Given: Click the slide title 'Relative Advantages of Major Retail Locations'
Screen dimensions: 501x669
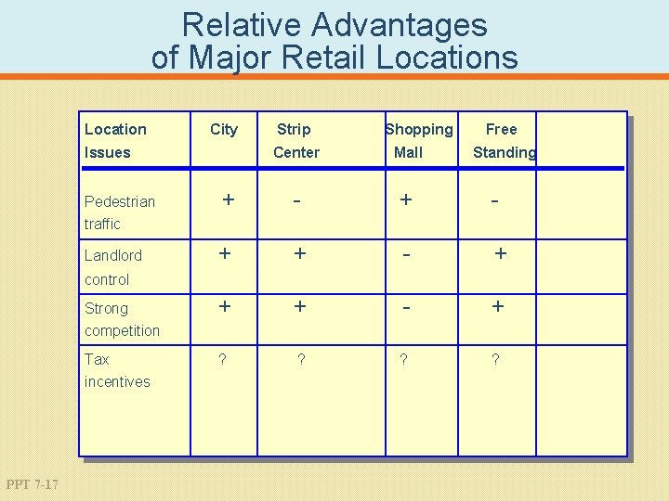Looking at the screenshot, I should click(334, 41).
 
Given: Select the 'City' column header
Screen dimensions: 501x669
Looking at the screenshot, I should click(224, 129).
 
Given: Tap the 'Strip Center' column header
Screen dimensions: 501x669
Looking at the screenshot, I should click(295, 140).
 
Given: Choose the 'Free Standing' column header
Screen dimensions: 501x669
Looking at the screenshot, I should click(504, 140).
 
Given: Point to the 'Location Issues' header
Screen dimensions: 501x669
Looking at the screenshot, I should click(114, 140).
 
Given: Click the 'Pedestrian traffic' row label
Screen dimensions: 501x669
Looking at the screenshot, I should click(119, 212).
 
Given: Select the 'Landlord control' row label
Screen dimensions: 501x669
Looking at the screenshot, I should click(112, 266).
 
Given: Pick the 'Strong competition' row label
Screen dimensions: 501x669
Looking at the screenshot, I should click(121, 319).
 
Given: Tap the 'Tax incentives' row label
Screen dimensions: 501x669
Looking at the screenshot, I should click(116, 370).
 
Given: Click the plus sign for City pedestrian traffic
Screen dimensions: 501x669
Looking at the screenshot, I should click(228, 199).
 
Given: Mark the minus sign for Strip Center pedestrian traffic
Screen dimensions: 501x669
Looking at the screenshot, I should click(296, 199).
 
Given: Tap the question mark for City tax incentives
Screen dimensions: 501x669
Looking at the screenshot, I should click(221, 360).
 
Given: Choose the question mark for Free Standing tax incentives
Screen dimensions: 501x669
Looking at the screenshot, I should click(495, 360).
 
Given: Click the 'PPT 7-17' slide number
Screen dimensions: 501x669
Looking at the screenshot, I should click(33, 484).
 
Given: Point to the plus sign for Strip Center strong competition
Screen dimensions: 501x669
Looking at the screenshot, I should click(299, 305).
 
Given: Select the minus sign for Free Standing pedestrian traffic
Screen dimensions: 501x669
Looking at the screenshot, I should click(495, 199).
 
